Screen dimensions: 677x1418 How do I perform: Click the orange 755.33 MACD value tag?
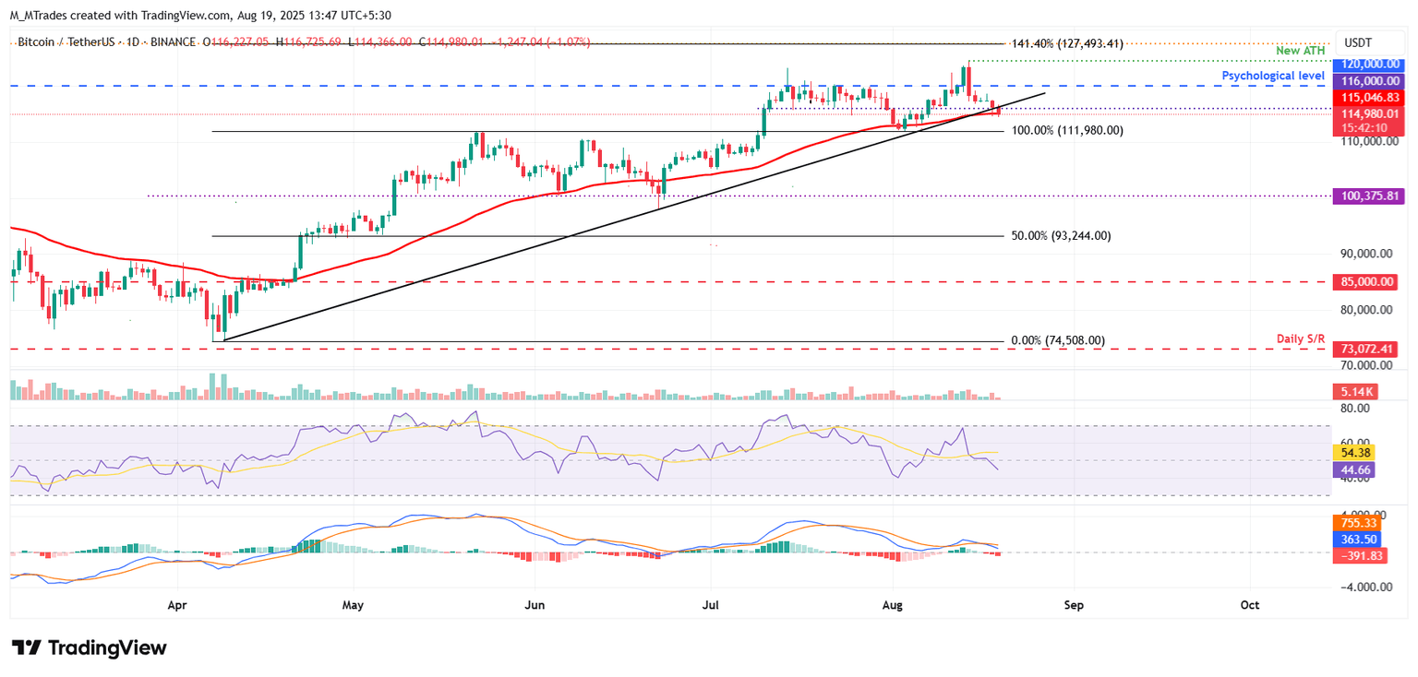(x=1352, y=522)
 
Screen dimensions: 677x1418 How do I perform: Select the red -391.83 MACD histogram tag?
(x=1352, y=556)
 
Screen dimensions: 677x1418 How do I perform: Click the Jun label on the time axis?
(x=534, y=605)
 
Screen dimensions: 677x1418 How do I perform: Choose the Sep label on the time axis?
(x=1073, y=605)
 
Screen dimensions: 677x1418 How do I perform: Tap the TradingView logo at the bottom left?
(x=89, y=647)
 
